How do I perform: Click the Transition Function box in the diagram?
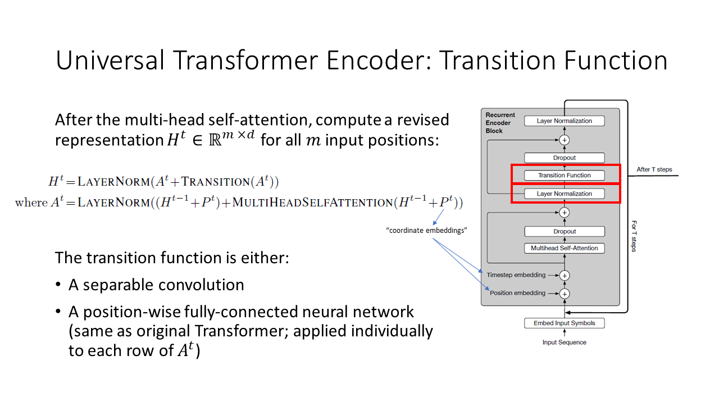pos(565,175)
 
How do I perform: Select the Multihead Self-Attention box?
pos(565,248)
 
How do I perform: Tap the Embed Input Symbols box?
pos(565,323)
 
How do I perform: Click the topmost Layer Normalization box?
pos(565,121)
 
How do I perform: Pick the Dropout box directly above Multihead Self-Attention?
pos(565,231)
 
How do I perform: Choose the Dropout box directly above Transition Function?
pos(565,158)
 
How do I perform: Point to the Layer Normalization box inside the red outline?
pos(565,193)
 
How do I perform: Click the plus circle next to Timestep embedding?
pos(565,275)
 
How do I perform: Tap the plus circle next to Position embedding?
pos(565,293)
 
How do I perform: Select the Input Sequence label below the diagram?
pos(565,342)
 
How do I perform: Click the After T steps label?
pos(654,169)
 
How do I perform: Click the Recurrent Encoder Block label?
pos(500,123)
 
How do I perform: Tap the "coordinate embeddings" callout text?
pos(427,231)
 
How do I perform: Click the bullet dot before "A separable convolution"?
pos(58,285)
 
